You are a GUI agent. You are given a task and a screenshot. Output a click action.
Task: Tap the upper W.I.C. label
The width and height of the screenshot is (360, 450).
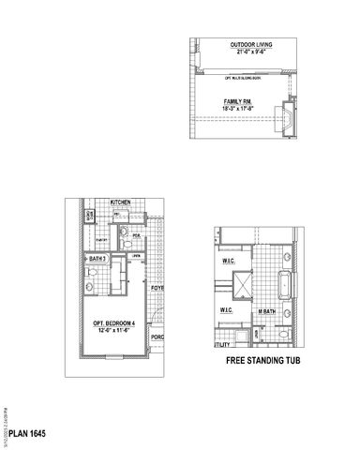[228, 262]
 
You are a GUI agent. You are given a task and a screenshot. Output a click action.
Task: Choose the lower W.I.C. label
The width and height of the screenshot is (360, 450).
[226, 310]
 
